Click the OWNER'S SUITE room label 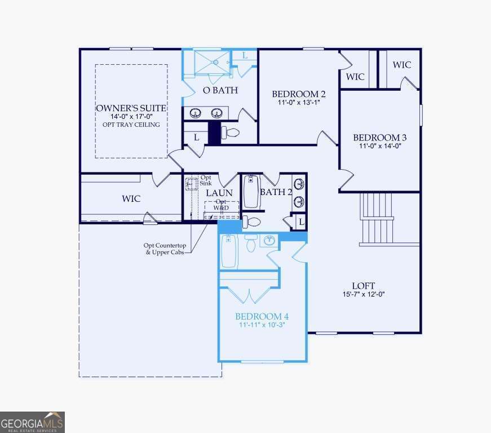pyautogui.click(x=131, y=108)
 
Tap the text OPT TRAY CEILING pyautogui.click(x=131, y=125)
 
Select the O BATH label pyautogui.click(x=220, y=90)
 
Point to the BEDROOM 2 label pyautogui.click(x=298, y=94)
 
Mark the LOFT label pyautogui.click(x=363, y=286)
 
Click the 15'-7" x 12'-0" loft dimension pyautogui.click(x=363, y=294)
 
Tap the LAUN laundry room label pyautogui.click(x=219, y=193)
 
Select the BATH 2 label pyautogui.click(x=276, y=192)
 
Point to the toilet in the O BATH pyautogui.click(x=231, y=133)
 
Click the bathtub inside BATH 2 pyautogui.click(x=251, y=192)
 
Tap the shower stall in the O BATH pyautogui.click(x=211, y=61)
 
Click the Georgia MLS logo pyautogui.click(x=32, y=422)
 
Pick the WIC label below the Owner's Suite pyautogui.click(x=131, y=199)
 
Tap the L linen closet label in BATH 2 pyautogui.click(x=301, y=222)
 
